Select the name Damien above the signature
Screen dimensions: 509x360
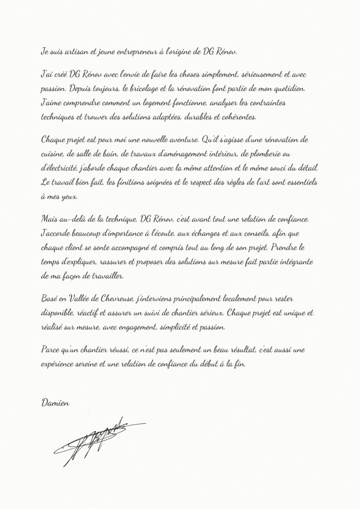coord(55,403)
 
